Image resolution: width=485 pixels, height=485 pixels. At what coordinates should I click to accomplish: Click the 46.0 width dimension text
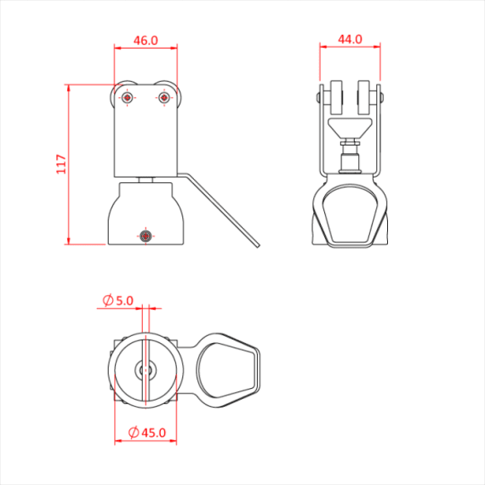(145, 39)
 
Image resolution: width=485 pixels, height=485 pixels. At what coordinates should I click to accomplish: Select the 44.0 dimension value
(350, 39)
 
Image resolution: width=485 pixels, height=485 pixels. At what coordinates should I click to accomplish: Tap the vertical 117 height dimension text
(60, 164)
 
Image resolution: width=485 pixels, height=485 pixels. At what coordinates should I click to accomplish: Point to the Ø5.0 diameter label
(118, 300)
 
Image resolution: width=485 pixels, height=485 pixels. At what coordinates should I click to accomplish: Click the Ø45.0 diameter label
(146, 433)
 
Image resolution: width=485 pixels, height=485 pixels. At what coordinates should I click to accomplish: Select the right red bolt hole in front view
(163, 99)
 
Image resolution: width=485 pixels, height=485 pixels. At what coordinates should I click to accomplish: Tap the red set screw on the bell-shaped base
(145, 235)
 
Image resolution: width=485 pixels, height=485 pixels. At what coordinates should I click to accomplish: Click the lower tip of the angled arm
(258, 247)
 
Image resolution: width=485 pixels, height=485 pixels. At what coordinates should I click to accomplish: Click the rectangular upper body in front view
(145, 136)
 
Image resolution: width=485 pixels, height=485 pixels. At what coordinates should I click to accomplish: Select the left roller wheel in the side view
(336, 98)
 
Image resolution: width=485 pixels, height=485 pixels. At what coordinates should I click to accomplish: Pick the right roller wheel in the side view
(365, 98)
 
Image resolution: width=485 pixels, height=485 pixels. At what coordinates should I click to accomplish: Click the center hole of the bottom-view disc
(145, 370)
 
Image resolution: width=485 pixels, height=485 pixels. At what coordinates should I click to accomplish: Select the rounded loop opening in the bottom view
(225, 371)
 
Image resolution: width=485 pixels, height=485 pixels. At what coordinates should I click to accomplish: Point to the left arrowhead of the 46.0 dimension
(117, 49)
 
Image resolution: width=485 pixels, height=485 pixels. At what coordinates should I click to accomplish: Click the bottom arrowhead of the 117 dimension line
(68, 241)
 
